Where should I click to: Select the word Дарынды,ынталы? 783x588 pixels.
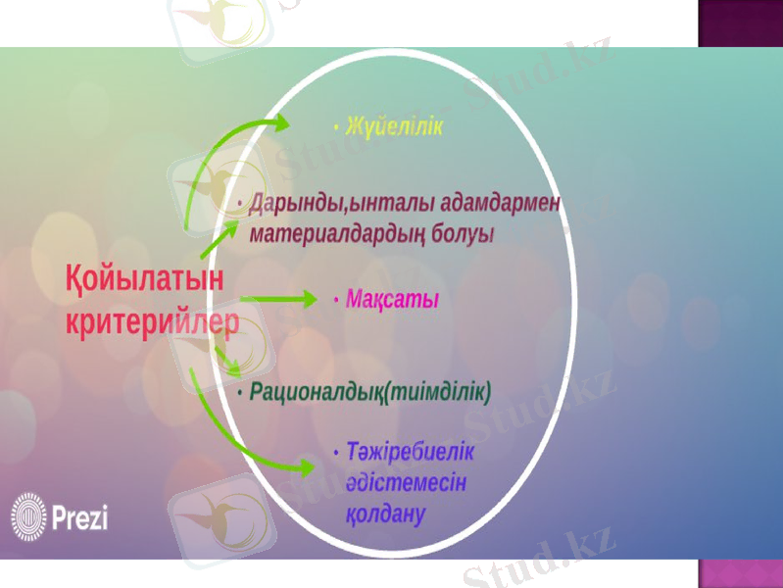[x=318, y=204]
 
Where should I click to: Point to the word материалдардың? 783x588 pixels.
[x=344, y=235]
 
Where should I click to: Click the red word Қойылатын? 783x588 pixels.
[x=143, y=279]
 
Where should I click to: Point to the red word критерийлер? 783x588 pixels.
[x=152, y=321]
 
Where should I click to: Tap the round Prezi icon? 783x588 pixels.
[x=28, y=515]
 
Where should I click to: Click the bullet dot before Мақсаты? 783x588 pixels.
[x=336, y=298]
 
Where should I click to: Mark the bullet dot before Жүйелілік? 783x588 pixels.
[x=336, y=127]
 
